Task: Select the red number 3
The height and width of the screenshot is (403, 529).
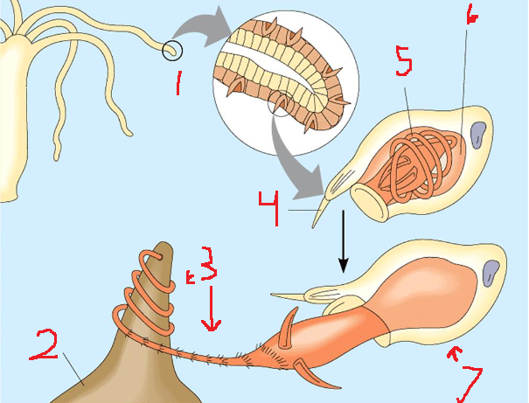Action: click(208, 264)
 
